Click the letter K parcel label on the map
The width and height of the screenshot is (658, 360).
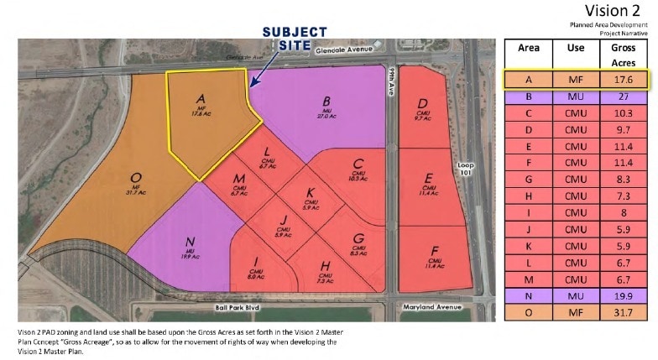tap(311, 193)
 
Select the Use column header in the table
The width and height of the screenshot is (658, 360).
tap(575, 49)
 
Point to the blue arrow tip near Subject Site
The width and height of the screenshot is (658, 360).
tap(251, 84)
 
